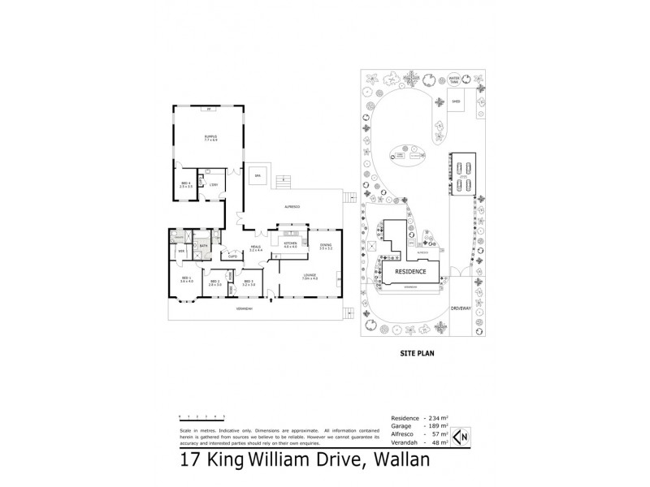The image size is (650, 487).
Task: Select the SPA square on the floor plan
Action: pos(258,175)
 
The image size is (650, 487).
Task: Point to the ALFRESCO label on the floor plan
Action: pos(293,207)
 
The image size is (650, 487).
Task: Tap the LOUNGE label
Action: pos(309,277)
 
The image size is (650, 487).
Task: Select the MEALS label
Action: pos(255,248)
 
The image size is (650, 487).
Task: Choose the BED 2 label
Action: pos(214,283)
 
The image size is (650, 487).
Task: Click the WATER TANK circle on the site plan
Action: pos(455,80)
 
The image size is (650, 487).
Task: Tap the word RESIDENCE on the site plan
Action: pos(411,271)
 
